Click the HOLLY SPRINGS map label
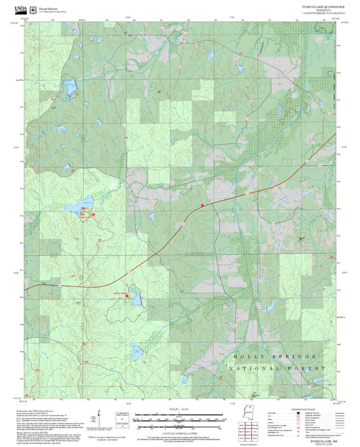pyautogui.click(x=274, y=356)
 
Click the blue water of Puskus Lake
pyautogui.click(x=86, y=202)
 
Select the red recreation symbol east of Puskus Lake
pyautogui.click(x=94, y=213)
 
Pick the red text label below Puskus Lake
pyautogui.click(x=84, y=217)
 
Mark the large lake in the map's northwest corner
pyautogui.click(x=70, y=86)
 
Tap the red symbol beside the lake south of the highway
pyautogui.click(x=127, y=295)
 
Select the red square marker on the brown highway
pyautogui.click(x=202, y=204)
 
